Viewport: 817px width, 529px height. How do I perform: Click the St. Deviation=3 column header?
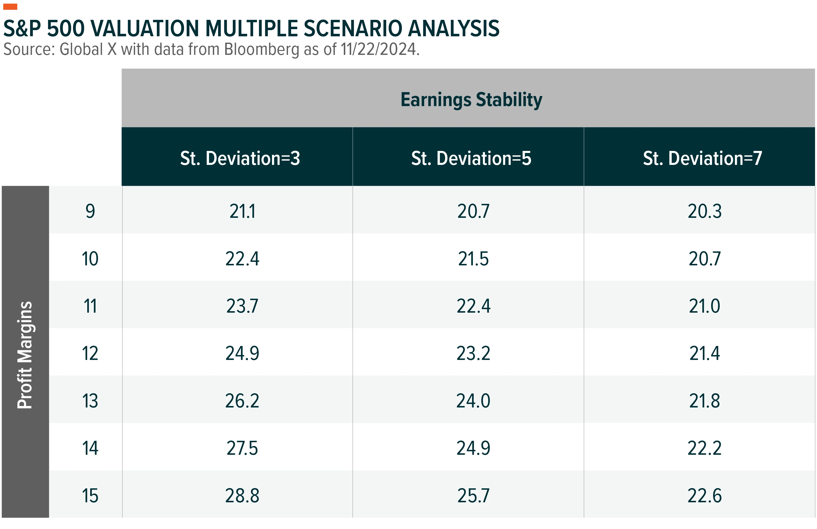(240, 158)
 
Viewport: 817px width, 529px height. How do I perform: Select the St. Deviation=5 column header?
(471, 158)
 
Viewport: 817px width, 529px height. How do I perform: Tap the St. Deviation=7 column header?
(702, 158)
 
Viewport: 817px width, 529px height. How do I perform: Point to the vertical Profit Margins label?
(25, 355)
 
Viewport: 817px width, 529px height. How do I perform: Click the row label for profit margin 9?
(90, 211)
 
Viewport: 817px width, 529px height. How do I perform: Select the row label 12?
(90, 353)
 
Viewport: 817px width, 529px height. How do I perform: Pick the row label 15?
(90, 496)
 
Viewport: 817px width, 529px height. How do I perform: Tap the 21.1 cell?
(242, 211)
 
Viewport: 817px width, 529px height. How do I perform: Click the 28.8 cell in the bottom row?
(242, 496)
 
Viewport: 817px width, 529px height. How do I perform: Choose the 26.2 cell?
(242, 401)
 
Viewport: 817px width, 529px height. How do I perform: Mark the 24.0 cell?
(473, 401)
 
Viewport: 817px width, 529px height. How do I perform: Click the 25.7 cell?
(473, 496)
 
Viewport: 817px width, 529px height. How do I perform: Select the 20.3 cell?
(705, 211)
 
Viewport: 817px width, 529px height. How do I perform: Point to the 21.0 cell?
(705, 306)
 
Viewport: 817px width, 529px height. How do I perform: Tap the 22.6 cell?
(705, 496)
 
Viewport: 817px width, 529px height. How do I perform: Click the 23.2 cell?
(473, 353)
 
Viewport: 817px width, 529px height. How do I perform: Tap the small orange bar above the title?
(10, 7)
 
